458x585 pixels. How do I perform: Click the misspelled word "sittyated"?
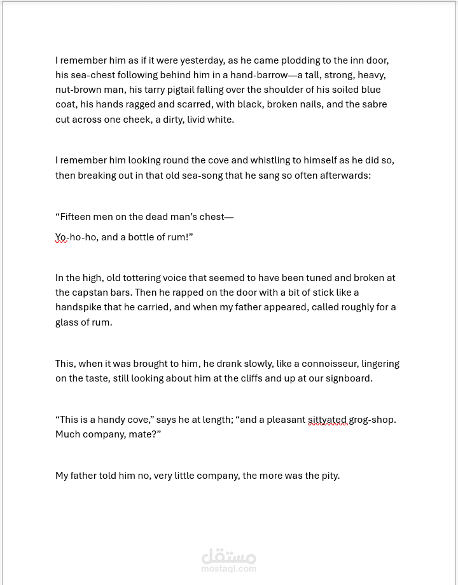328,420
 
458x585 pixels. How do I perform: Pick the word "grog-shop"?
372,420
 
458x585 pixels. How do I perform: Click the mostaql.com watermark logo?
229,560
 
